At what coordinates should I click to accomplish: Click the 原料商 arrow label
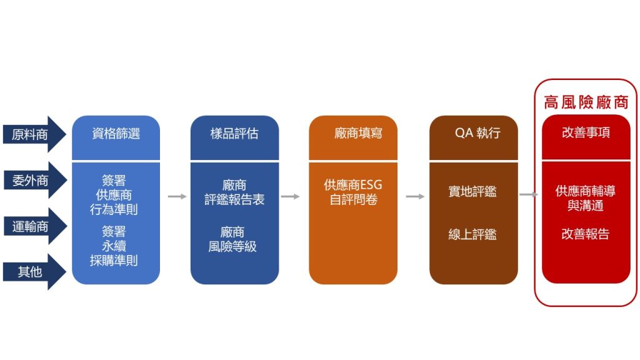[30, 134]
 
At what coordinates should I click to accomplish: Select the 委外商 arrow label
[30, 181]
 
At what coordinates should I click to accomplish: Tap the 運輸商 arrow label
[30, 226]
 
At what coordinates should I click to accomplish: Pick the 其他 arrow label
[30, 272]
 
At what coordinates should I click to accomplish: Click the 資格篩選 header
[116, 134]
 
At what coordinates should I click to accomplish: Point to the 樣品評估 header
[234, 134]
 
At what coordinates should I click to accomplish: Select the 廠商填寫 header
[358, 133]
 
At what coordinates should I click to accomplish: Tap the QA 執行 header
[477, 133]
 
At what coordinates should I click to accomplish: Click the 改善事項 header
[586, 132]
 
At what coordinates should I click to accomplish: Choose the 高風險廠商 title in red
[586, 102]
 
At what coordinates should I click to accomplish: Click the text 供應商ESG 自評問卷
[353, 192]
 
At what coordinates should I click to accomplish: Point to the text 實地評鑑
[472, 191]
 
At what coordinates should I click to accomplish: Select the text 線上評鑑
[472, 234]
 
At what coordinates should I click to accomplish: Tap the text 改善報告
[585, 234]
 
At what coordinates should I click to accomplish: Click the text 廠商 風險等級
[232, 239]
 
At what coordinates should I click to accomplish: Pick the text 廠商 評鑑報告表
[234, 192]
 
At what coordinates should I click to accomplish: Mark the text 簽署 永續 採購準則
[114, 246]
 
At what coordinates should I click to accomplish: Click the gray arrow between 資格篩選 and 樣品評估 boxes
[177, 197]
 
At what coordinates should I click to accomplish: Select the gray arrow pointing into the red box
[529, 195]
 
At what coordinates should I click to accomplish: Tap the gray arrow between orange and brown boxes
[415, 197]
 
